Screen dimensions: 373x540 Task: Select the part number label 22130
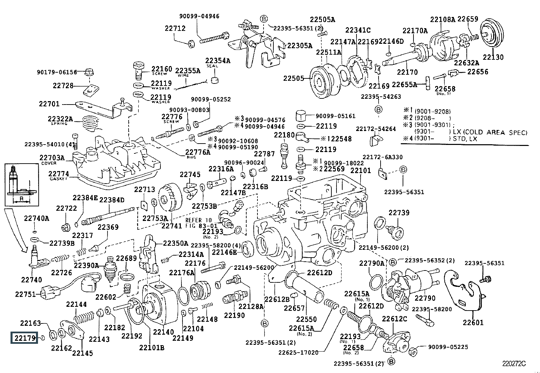click(493, 57)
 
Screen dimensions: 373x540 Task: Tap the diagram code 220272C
click(514, 363)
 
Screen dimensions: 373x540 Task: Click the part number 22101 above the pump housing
click(361, 170)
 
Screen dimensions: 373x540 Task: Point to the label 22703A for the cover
click(52, 158)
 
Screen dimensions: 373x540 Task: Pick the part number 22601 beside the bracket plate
click(473, 322)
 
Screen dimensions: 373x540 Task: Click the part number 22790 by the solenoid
click(425, 298)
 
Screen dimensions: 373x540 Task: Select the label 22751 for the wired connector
click(25, 294)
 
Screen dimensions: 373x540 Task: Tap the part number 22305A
click(300, 45)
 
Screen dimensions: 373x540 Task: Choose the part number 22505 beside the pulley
click(294, 78)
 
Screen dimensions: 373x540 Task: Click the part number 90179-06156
click(57, 72)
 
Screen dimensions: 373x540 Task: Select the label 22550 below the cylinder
click(306, 319)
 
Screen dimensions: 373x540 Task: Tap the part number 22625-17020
click(298, 352)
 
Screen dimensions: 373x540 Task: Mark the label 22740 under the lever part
click(32, 280)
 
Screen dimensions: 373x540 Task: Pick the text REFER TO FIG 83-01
click(201, 223)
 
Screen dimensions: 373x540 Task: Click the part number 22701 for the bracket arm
click(49, 104)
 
